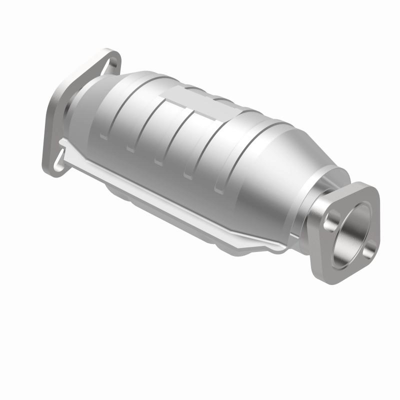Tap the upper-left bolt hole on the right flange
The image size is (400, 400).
(330, 218)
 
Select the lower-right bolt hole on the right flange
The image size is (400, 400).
(368, 248)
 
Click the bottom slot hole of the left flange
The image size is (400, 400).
(59, 159)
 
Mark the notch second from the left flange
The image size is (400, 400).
(130, 148)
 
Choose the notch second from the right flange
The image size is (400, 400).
(188, 175)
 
